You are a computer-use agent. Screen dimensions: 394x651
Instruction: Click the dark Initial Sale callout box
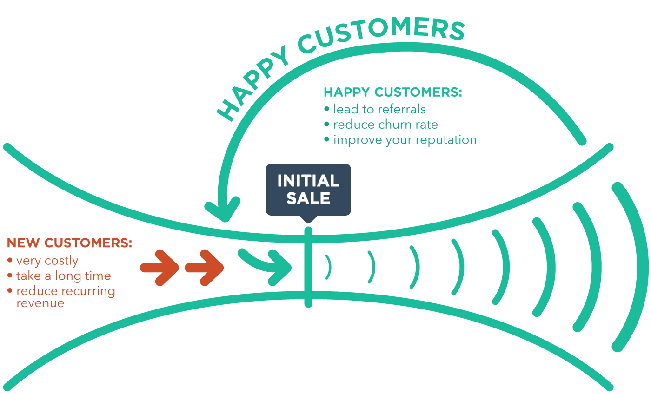(x=308, y=189)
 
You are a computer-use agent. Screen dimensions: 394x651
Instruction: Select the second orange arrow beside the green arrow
(x=205, y=268)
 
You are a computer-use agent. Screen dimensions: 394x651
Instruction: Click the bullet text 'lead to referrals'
(x=379, y=109)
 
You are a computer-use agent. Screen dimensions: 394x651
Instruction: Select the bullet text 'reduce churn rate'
(x=385, y=125)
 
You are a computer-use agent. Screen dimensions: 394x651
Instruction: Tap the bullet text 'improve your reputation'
(x=405, y=140)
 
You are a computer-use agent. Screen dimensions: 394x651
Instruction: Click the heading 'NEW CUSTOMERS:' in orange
(x=69, y=243)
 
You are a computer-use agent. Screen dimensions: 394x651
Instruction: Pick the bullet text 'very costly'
(x=47, y=261)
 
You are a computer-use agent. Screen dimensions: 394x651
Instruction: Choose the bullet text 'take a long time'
(x=63, y=276)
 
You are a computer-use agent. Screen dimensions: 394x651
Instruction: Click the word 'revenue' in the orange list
(x=40, y=303)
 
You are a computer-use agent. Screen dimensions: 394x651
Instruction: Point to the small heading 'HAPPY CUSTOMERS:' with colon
(x=393, y=92)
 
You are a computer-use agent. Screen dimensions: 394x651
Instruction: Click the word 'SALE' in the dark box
(x=308, y=198)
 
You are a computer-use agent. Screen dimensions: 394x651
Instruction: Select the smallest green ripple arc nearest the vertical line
(x=329, y=267)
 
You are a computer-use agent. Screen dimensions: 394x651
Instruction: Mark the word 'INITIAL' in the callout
(x=308, y=181)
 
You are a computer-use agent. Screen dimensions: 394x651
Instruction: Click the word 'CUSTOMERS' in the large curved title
(x=381, y=34)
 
